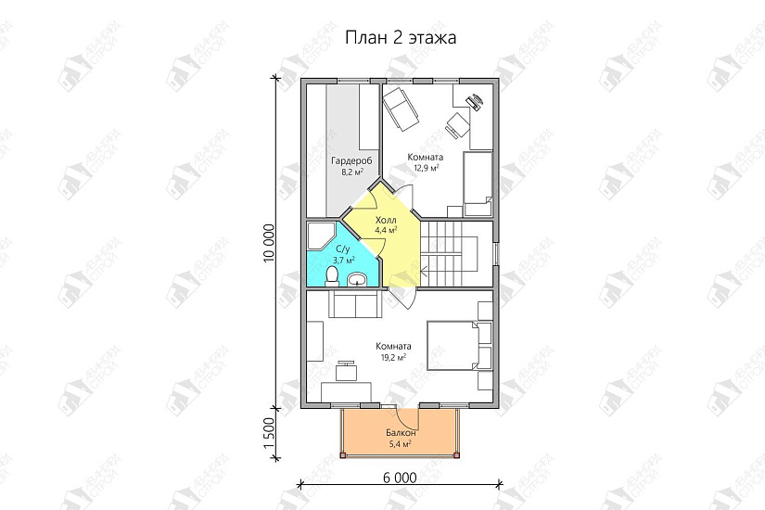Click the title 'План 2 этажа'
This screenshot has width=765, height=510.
pyautogui.click(x=402, y=38)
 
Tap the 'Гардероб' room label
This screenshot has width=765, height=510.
pyautogui.click(x=351, y=161)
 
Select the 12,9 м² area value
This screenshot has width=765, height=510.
pyautogui.click(x=425, y=169)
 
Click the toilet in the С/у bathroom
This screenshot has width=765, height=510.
pyautogui.click(x=332, y=275)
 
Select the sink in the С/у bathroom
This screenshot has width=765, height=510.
pyautogui.click(x=358, y=279)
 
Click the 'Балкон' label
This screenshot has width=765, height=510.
pyautogui.click(x=401, y=433)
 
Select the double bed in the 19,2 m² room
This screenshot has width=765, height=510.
pyautogui.click(x=458, y=345)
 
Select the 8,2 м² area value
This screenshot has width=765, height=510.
pyautogui.click(x=351, y=172)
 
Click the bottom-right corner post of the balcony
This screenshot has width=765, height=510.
pyautogui.click(x=456, y=455)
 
